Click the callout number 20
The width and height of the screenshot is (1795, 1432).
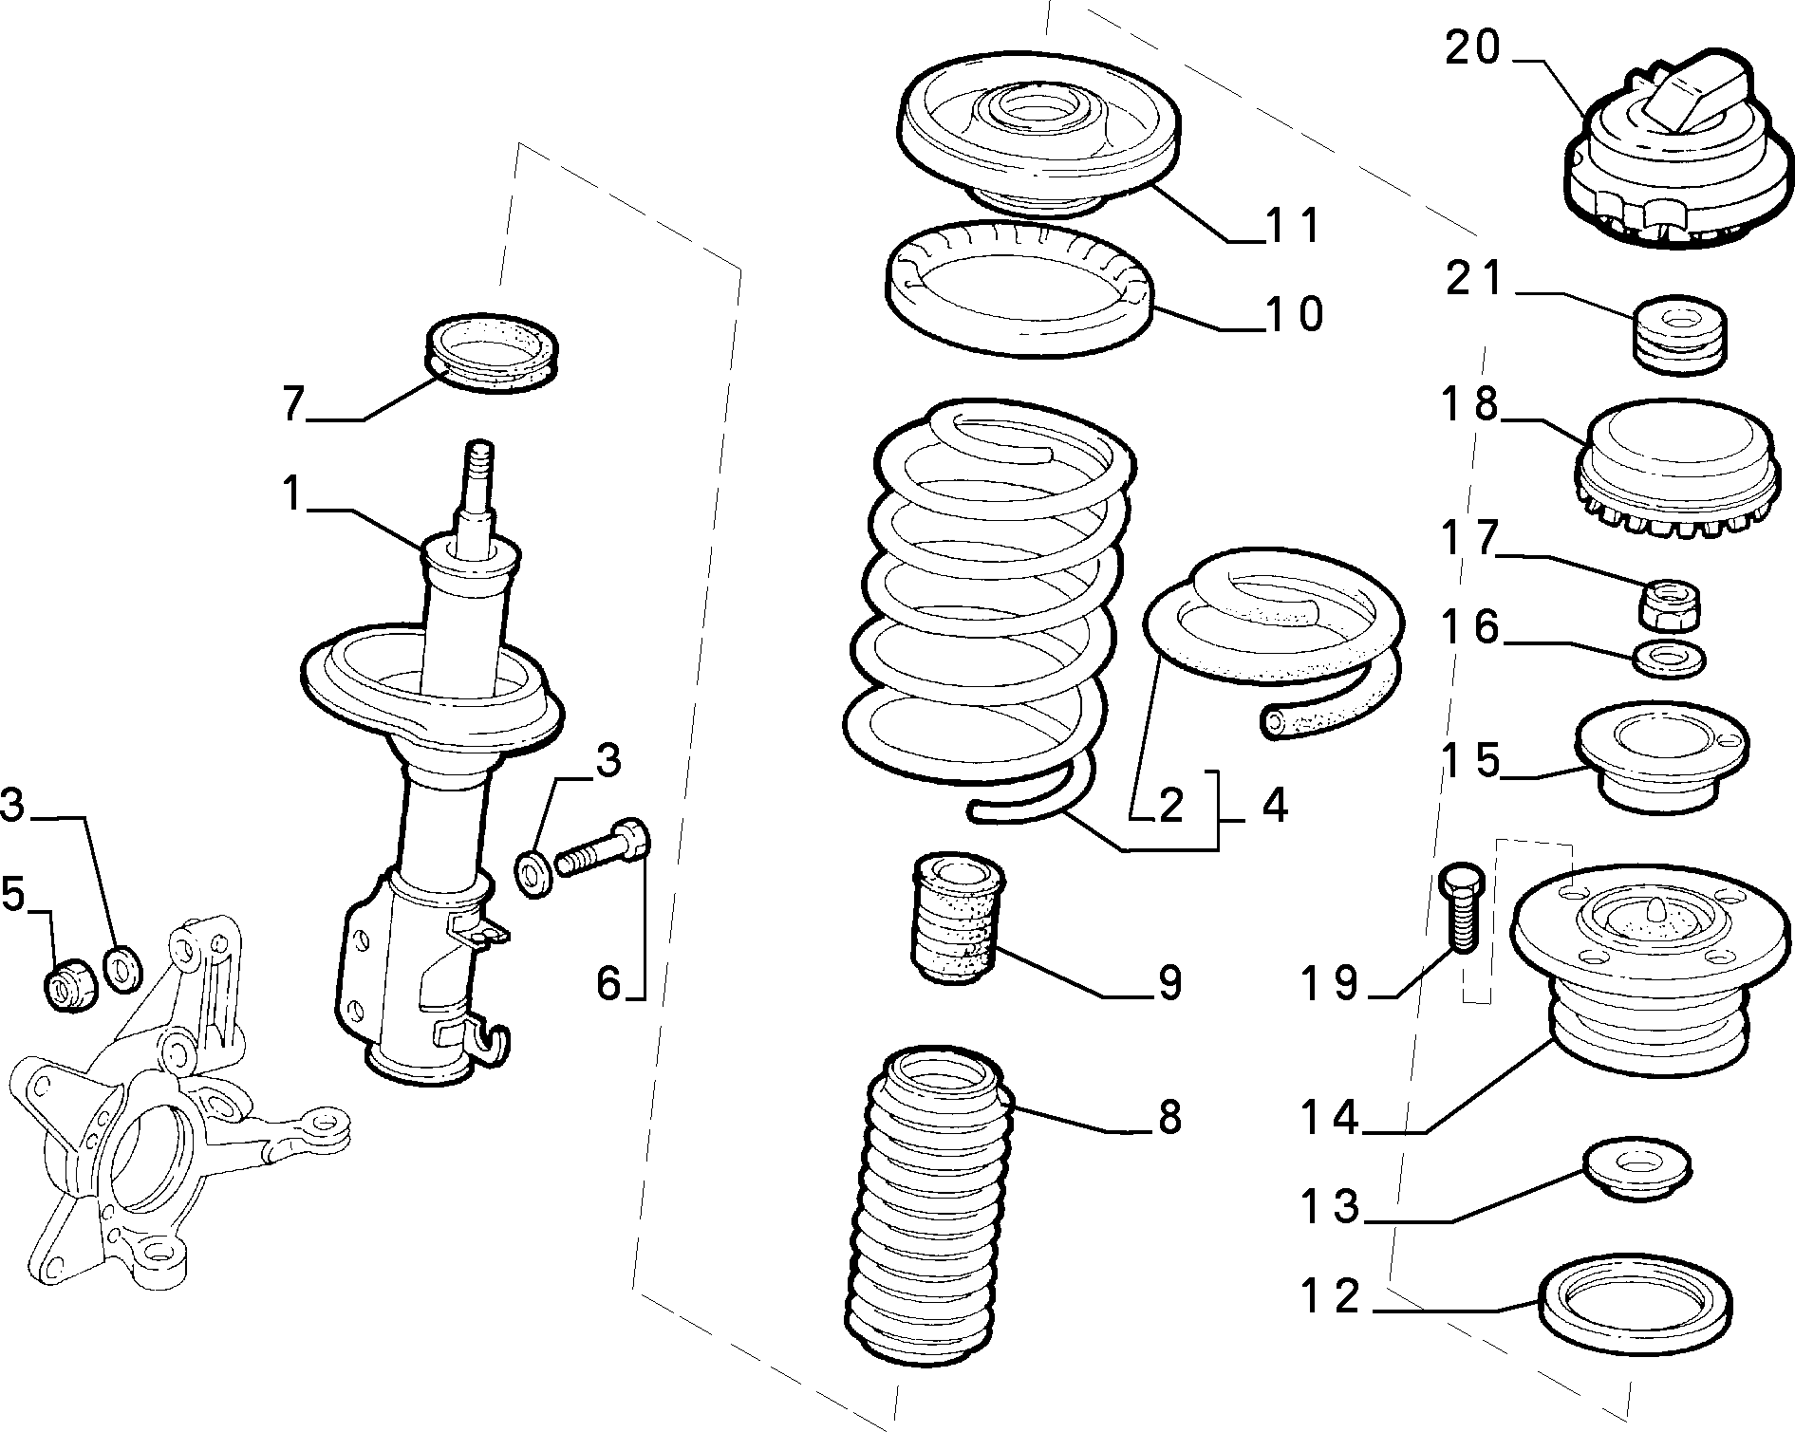[x=1473, y=47]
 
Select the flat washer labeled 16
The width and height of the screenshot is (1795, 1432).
[x=1669, y=658]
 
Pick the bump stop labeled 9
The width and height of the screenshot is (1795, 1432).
[x=957, y=921]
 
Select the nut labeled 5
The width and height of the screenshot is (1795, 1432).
[x=70, y=987]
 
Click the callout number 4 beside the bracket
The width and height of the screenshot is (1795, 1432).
[x=1274, y=806]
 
